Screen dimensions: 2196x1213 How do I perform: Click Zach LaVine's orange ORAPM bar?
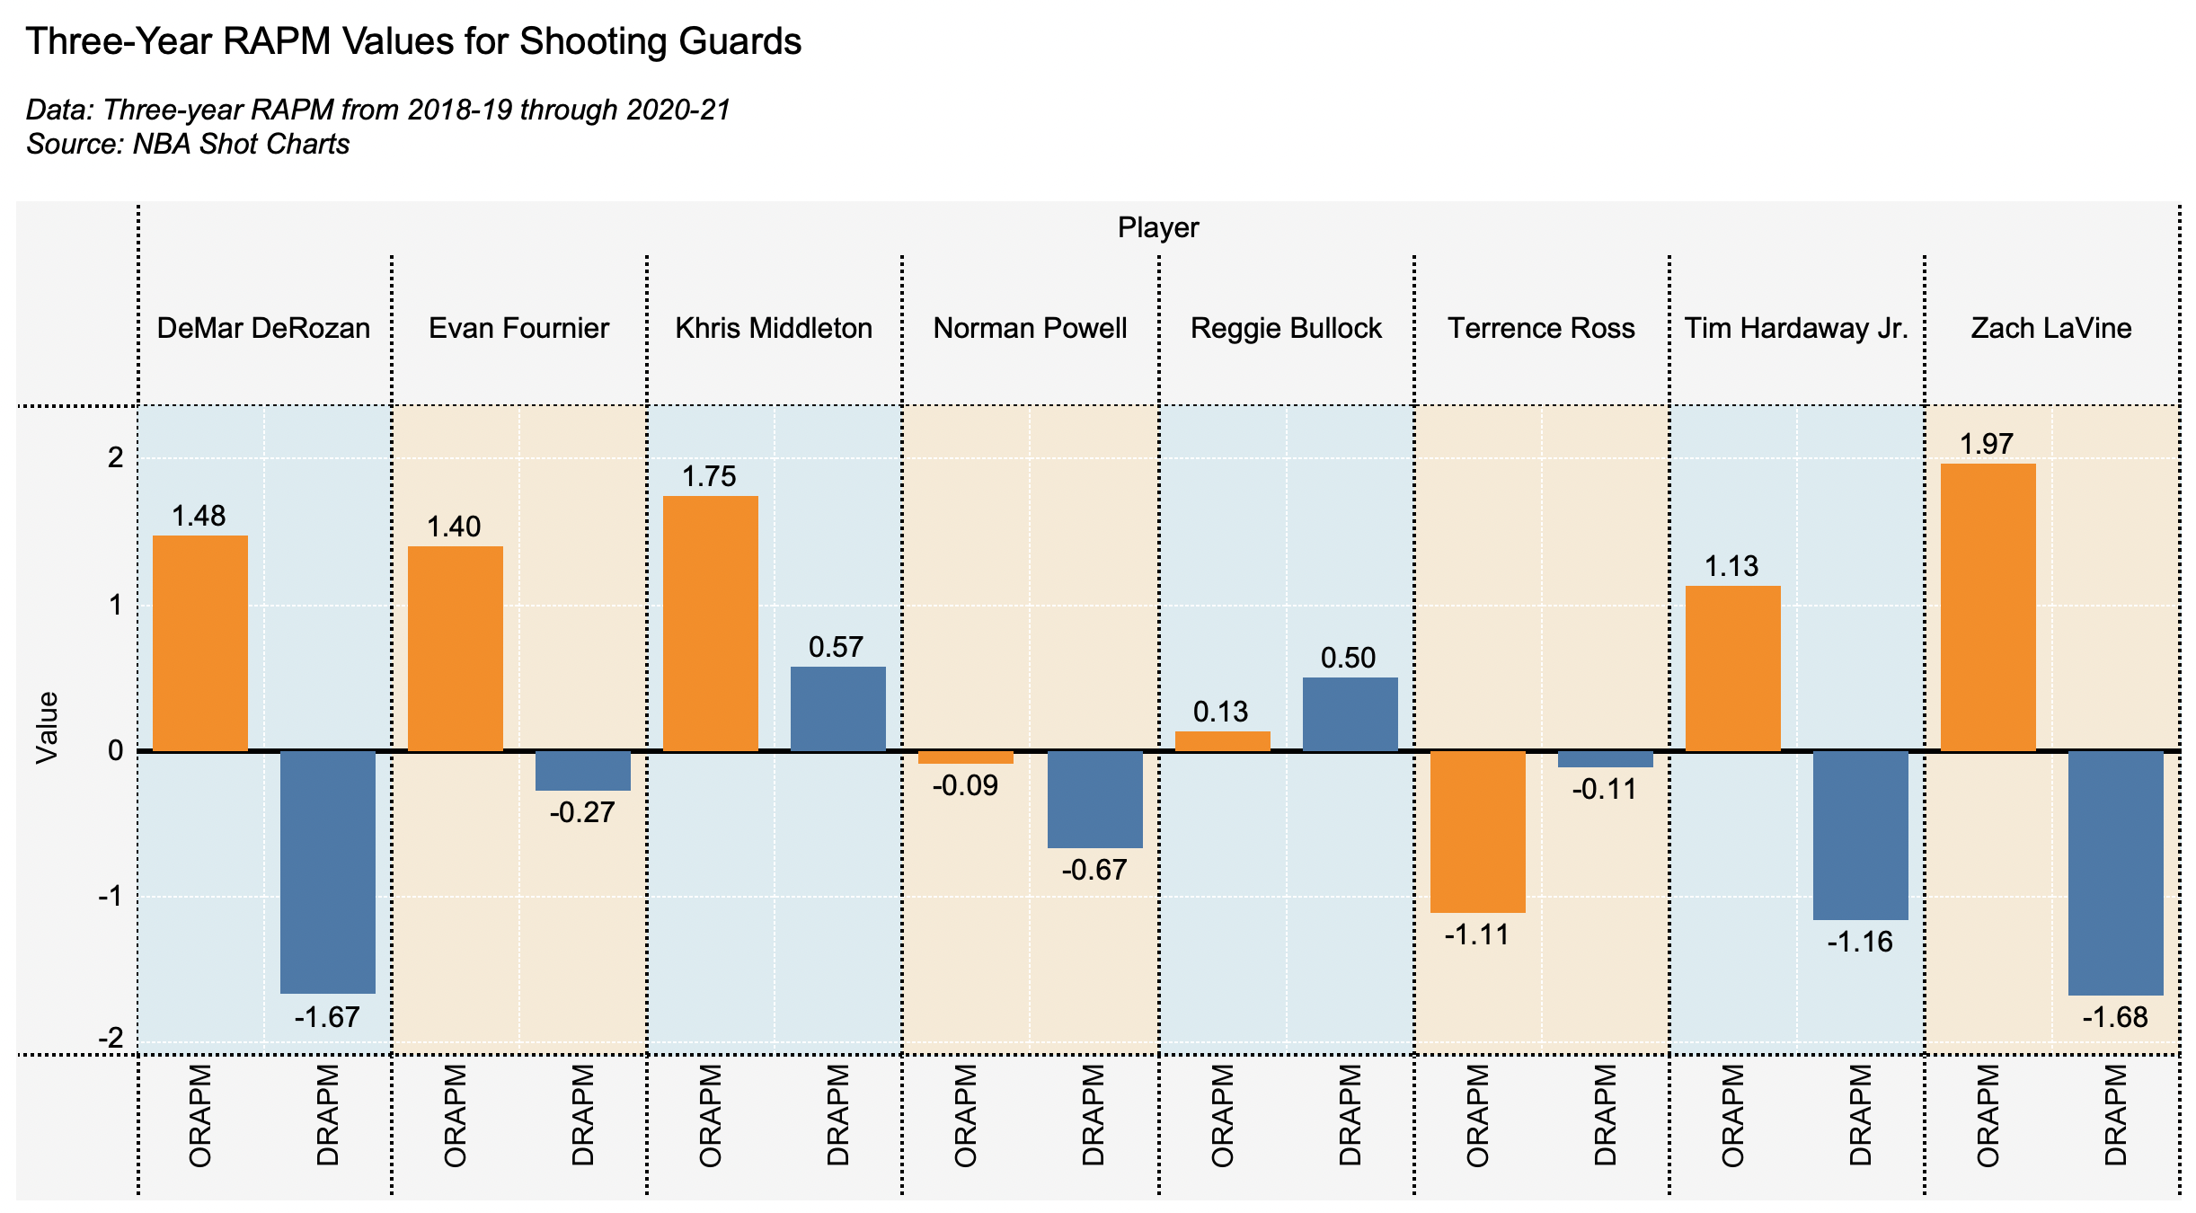1988,607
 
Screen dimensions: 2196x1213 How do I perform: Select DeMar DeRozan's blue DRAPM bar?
328,872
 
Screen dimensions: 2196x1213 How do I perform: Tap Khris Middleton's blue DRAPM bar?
837,709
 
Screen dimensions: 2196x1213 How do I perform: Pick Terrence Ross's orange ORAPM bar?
1477,832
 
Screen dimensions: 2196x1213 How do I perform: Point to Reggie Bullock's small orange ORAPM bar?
1222,741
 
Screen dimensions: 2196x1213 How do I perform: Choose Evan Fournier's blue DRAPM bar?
583,771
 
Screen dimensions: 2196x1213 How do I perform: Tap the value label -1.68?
2115,1017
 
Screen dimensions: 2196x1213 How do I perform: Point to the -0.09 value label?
965,786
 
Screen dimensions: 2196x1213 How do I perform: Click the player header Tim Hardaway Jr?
1796,328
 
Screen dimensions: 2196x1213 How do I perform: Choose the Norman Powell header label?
1030,328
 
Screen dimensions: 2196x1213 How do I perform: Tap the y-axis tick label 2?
115,458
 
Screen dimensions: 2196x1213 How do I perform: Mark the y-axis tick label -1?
110,897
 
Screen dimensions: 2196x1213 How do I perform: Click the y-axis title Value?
47,728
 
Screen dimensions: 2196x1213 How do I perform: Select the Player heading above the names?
1158,227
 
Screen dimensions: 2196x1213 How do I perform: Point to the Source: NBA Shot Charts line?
188,144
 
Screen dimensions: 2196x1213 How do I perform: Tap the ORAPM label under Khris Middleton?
710,1115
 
